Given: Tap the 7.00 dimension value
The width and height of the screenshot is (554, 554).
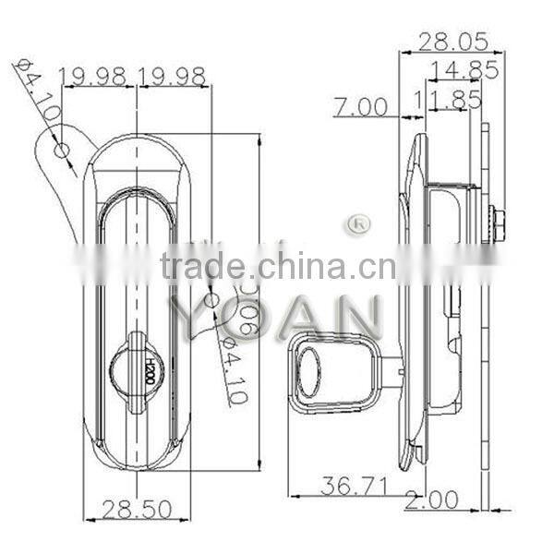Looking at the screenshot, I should pos(360,107).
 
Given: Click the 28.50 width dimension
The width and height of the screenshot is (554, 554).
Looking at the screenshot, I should pos(138,509).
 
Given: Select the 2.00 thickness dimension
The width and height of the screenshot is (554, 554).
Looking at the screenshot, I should pos(430,500).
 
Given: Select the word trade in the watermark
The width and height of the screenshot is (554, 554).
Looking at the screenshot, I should pos(202,267).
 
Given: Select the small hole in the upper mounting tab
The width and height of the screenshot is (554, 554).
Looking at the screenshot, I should pos(62,150).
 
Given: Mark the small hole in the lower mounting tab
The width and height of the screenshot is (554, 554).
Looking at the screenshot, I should pos(211,300).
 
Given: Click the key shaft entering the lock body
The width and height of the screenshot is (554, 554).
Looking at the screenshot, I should pos(391,371).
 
